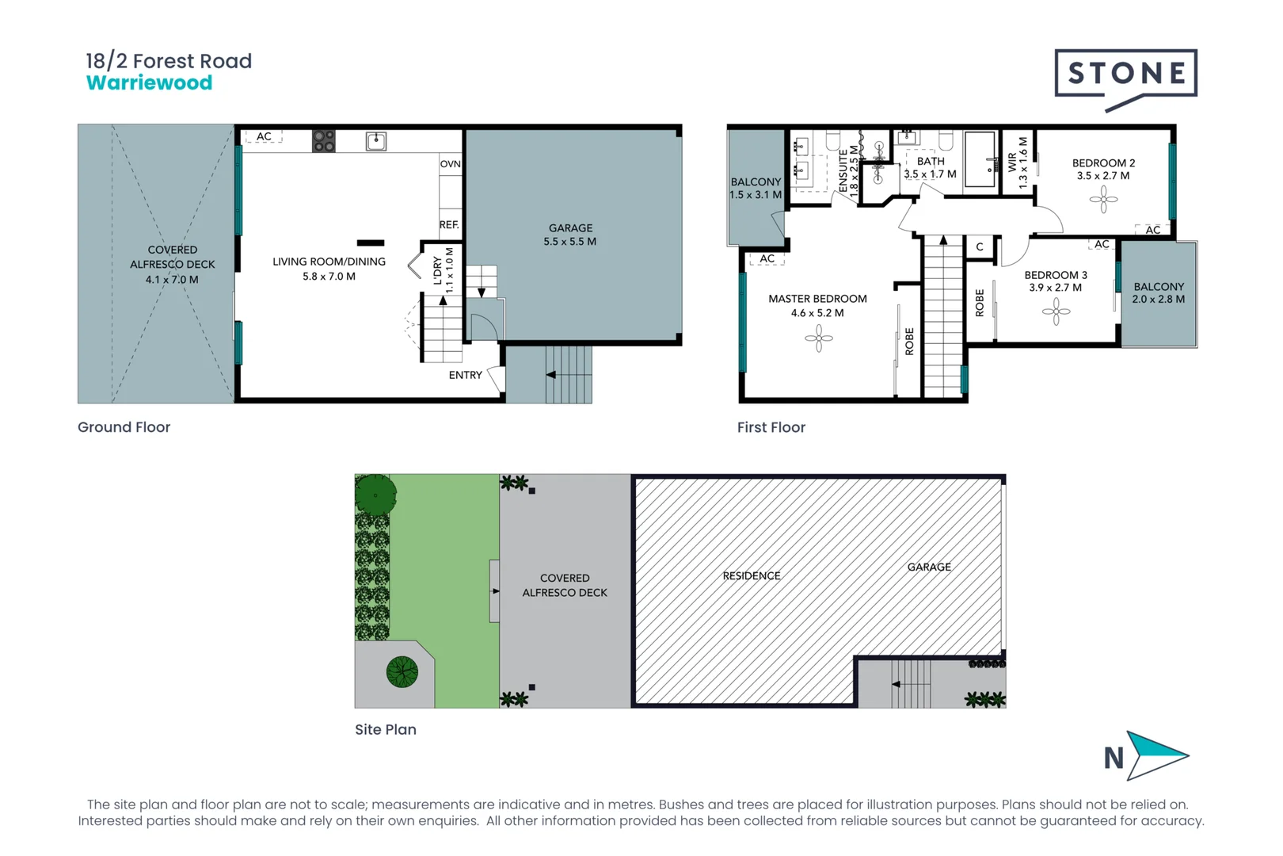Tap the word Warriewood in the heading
point(149,83)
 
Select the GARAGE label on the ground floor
point(570,227)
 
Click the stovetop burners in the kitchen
point(323,141)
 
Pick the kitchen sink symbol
point(376,142)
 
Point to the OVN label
point(450,164)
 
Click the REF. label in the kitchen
point(449,224)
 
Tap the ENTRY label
point(465,375)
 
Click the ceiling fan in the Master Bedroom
point(818,339)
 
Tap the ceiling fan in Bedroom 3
point(1056,311)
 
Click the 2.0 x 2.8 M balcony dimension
point(1158,300)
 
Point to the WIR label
point(1012,162)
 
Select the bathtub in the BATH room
point(980,159)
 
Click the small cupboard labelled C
point(980,246)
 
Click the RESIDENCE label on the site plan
point(751,575)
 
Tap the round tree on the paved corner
point(402,672)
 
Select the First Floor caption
point(771,427)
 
